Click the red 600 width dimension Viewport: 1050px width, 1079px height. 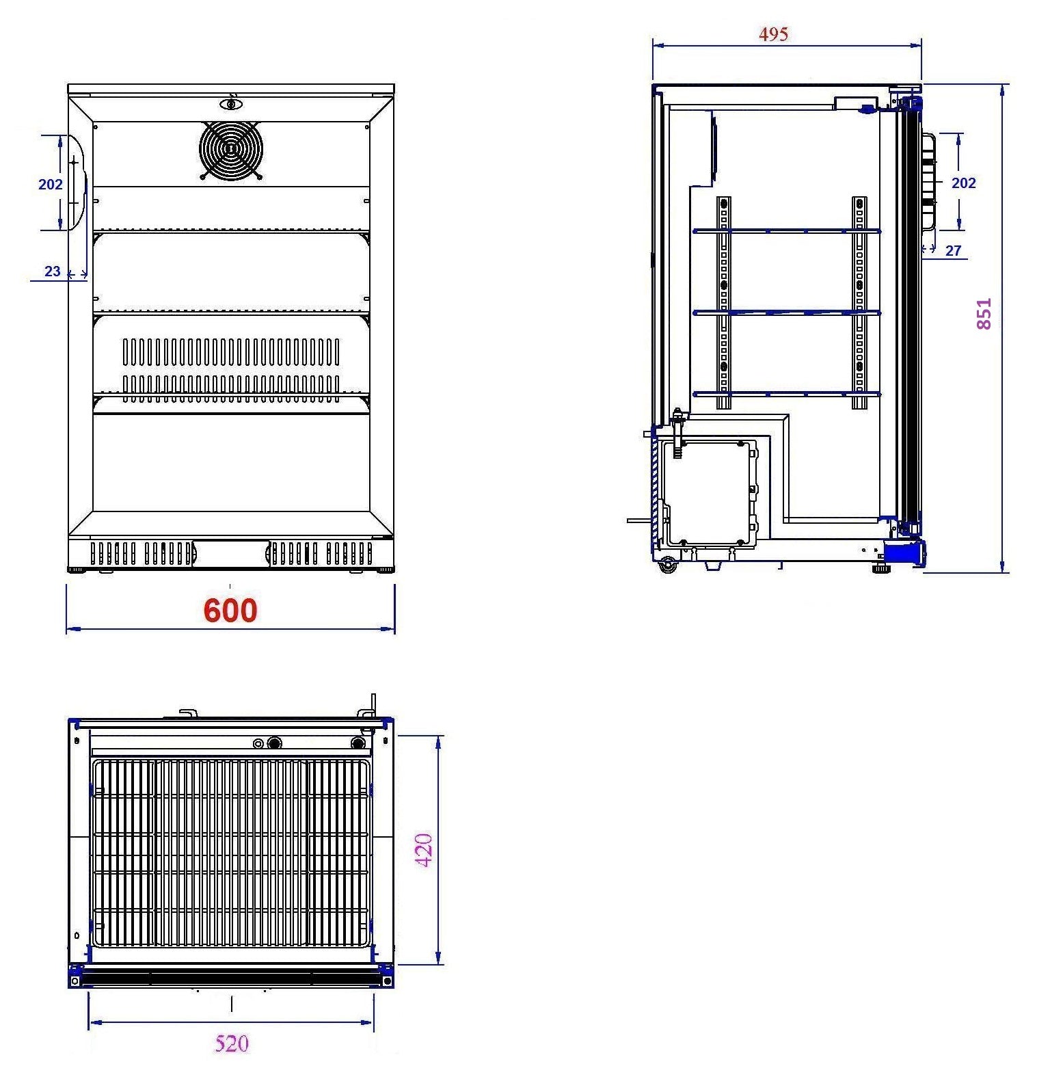[x=230, y=611]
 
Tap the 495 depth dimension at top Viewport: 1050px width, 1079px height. [x=773, y=34]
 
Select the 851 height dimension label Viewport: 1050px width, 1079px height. [x=983, y=314]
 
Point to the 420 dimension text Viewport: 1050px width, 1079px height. [x=425, y=850]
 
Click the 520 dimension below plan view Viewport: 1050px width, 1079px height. [x=232, y=1043]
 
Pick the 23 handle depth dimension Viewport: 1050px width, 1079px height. [x=53, y=271]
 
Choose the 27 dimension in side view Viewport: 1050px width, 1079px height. [x=954, y=251]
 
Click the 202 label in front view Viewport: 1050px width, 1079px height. [x=51, y=184]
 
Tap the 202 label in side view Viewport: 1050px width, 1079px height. [x=964, y=183]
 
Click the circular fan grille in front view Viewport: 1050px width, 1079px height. [x=230, y=149]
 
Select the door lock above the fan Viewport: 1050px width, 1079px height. [x=231, y=104]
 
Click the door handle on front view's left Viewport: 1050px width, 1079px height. [x=77, y=182]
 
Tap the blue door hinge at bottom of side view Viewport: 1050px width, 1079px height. [x=904, y=551]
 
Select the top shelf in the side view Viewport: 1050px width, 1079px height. [x=786, y=231]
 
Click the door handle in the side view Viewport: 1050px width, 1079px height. [x=928, y=181]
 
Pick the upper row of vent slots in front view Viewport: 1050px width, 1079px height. [x=230, y=351]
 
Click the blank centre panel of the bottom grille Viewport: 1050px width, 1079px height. [x=230, y=553]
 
